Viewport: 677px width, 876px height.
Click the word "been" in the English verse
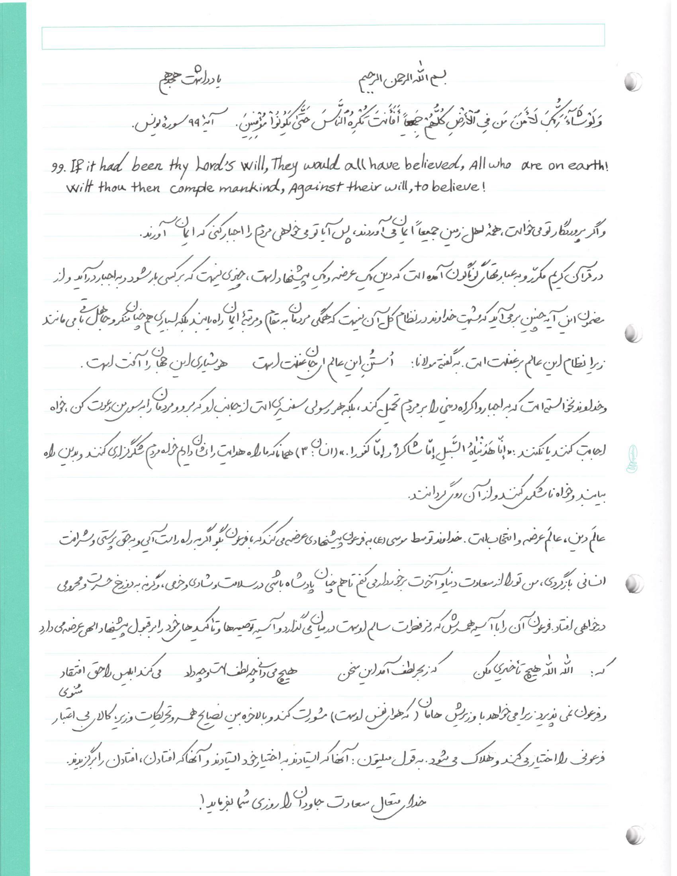click(147, 166)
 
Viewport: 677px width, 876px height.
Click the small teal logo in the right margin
click(632, 458)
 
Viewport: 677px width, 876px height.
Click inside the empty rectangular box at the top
click(323, 37)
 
